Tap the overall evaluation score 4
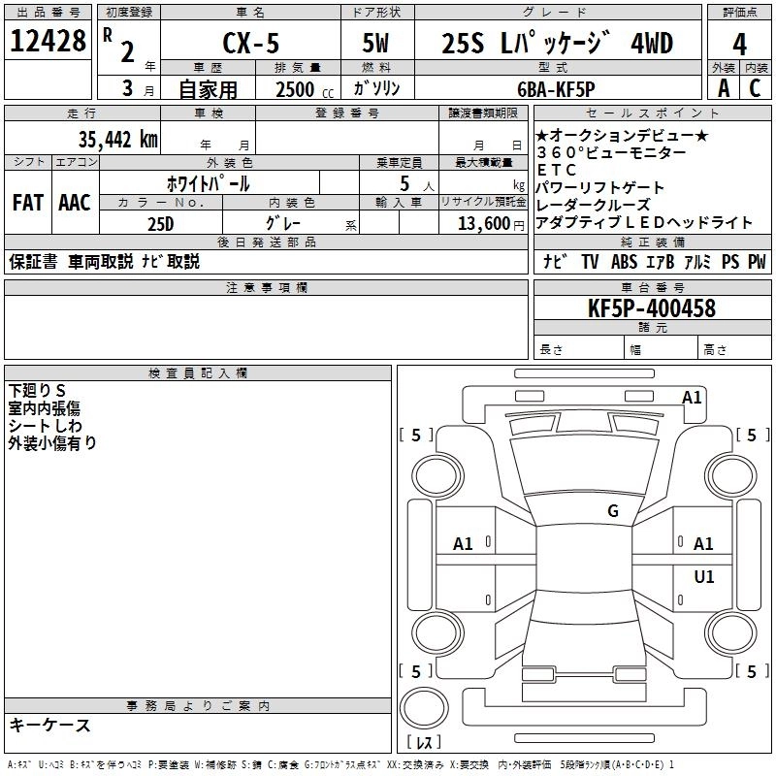740,44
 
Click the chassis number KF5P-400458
652,308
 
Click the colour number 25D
160,222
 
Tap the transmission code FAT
28,203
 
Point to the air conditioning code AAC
75,203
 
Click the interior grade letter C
754,88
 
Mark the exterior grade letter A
724,88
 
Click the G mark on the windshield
613,511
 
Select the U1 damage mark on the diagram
704,577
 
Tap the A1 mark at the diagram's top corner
692,397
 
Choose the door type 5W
376,44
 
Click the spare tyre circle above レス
424,706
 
